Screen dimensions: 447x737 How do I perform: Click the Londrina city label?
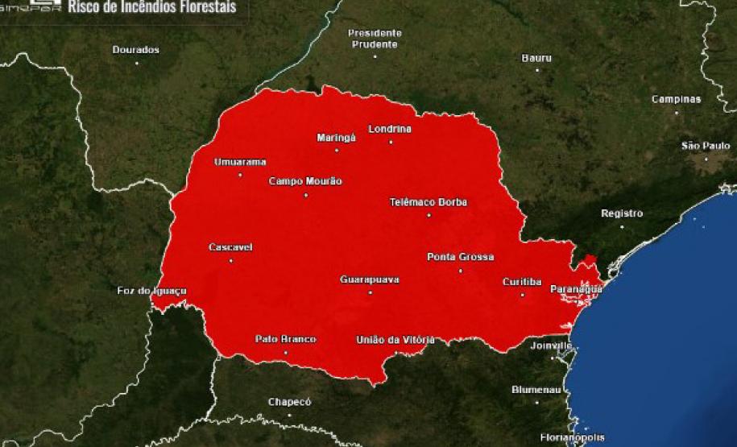pos(390,129)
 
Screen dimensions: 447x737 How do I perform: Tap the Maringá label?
pos(336,138)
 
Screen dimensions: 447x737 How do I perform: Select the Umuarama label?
pos(239,162)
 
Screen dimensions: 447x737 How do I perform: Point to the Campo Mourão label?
pos(305,181)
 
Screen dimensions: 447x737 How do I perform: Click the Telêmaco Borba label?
pos(428,202)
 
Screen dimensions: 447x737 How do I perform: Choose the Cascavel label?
pos(230,247)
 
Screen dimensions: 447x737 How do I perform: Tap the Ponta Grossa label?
pos(460,258)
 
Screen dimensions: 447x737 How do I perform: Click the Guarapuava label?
pos(370,279)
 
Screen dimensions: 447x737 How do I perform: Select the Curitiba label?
pos(521,282)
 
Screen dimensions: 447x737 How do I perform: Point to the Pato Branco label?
pos(285,339)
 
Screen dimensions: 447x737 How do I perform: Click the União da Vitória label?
pos(395,339)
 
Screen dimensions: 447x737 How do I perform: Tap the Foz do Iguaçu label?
pos(152,290)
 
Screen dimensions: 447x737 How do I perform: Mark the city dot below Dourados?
pos(136,63)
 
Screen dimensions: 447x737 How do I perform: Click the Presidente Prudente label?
pos(375,39)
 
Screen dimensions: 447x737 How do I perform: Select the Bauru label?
pos(536,58)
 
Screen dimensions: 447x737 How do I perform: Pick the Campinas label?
pos(676,100)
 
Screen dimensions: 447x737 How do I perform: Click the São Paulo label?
pos(705,146)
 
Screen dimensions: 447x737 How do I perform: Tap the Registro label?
pos(622,213)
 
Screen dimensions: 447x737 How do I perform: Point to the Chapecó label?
pos(289,402)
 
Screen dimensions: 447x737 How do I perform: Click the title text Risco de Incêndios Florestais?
pos(152,8)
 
